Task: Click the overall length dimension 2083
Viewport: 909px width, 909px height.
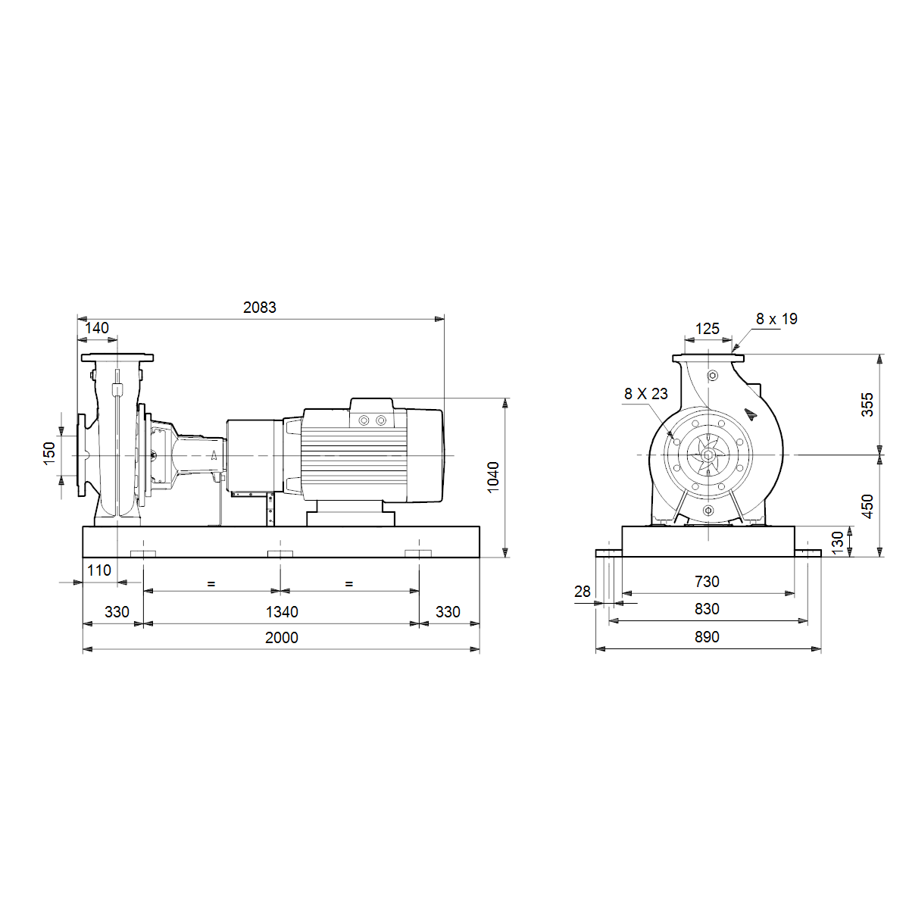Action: [260, 308]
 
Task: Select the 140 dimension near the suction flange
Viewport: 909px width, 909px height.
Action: [97, 328]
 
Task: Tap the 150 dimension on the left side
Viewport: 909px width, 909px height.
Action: [49, 453]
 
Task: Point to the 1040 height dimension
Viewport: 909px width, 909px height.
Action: [493, 477]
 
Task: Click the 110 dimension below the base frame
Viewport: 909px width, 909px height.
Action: [99, 570]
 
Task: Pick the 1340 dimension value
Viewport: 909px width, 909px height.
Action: [282, 612]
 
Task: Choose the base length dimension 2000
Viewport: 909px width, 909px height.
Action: [281, 637]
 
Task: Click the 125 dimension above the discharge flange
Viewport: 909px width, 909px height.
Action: [707, 328]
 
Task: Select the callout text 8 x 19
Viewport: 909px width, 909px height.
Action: [776, 319]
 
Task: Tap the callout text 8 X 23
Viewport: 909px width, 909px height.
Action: [646, 393]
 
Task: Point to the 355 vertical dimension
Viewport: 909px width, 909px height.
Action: [867, 405]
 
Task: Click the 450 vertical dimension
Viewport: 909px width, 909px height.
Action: [867, 506]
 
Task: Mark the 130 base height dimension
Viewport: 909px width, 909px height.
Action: [837, 542]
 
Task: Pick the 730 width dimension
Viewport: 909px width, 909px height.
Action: [707, 582]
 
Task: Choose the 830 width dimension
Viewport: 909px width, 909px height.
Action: [707, 609]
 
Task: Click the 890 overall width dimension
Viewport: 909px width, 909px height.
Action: [707, 637]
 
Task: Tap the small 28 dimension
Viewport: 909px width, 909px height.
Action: [582, 591]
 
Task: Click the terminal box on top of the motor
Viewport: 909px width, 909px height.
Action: [372, 412]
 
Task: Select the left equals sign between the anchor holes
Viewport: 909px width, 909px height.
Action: [211, 584]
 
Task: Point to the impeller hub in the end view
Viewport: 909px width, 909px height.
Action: [708, 455]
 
